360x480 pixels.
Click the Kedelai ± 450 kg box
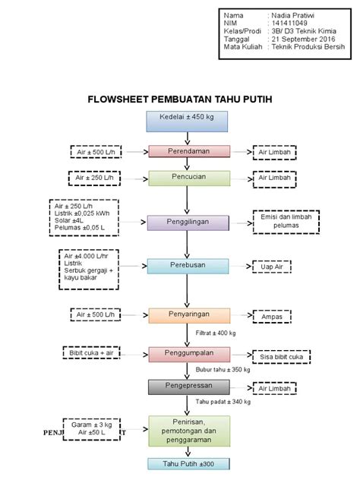pos(188,121)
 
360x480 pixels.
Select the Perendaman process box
pos(188,152)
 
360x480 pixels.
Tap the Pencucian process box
pos(188,178)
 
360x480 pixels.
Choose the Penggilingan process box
pos(188,222)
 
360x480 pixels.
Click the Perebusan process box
pos(188,266)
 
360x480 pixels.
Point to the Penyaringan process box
pos(188,314)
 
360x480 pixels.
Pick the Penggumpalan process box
pos(188,354)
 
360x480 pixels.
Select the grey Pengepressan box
pos(188,387)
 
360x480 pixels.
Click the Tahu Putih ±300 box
pos(188,463)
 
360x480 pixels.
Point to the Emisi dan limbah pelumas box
pos(286,222)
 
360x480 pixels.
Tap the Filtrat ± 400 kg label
pos(216,333)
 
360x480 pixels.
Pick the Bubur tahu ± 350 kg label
pos(223,370)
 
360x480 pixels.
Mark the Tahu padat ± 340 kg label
pos(223,402)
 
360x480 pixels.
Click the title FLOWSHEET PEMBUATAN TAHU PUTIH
pos(180,99)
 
